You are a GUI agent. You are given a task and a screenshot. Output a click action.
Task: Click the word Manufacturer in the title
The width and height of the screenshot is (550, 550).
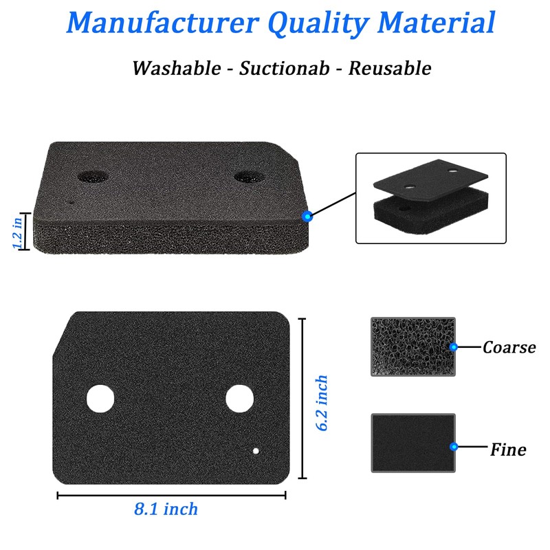(x=163, y=23)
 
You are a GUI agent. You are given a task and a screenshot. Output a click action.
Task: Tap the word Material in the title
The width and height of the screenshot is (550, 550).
(x=437, y=23)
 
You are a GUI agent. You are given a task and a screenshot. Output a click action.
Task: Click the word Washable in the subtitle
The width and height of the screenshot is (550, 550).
(x=177, y=68)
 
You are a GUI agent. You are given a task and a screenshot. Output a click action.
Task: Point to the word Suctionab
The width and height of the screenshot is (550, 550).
(x=285, y=68)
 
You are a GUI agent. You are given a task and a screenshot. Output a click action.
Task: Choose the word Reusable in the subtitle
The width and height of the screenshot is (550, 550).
(x=390, y=68)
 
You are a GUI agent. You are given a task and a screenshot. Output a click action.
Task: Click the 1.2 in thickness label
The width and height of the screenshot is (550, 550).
(x=18, y=232)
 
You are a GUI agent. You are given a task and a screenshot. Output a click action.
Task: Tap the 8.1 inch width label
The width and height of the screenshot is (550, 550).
(x=166, y=509)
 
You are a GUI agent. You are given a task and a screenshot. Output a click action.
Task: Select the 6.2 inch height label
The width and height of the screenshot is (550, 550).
(x=322, y=403)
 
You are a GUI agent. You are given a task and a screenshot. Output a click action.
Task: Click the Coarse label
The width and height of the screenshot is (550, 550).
(x=509, y=348)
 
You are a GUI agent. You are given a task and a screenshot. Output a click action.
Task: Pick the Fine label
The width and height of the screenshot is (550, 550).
(x=508, y=450)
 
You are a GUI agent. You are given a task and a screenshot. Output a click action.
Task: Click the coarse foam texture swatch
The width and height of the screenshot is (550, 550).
(x=413, y=347)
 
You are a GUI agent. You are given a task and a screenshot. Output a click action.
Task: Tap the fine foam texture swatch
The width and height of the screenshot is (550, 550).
(x=413, y=443)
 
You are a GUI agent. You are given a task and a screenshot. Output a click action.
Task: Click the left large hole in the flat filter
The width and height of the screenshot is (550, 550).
(x=100, y=399)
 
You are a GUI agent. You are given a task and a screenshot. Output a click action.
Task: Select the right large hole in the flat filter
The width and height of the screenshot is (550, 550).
(x=239, y=399)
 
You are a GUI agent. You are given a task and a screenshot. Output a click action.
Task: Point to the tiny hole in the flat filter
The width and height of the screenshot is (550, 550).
(x=256, y=451)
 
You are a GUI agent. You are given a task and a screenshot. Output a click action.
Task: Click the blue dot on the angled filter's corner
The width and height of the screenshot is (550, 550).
(x=307, y=217)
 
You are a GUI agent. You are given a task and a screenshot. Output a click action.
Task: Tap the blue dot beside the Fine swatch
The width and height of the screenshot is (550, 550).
(x=454, y=447)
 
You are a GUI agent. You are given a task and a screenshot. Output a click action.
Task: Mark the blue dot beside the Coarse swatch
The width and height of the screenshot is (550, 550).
(x=454, y=347)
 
